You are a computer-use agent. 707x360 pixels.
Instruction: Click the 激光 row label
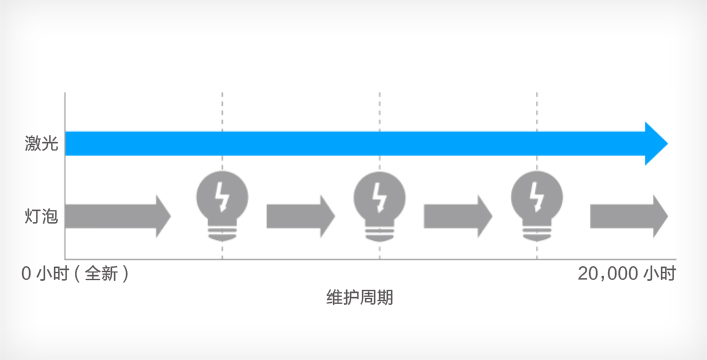[x=41, y=144]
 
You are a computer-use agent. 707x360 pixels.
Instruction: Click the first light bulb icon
[x=222, y=203]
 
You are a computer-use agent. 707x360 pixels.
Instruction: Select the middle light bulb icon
[x=379, y=203]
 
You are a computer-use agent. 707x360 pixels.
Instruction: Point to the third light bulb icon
[x=537, y=203]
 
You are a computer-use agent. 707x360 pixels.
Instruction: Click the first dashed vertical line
[x=222, y=110]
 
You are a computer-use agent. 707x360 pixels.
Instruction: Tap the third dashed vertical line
[x=537, y=110]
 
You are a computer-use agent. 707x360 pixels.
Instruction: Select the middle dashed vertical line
[x=380, y=110]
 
